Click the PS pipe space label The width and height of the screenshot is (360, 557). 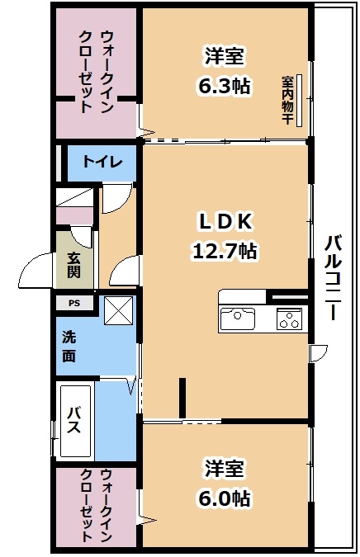74,304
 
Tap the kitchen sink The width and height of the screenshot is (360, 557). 238,319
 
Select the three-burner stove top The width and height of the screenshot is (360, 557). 289,319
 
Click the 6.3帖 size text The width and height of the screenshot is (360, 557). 225,86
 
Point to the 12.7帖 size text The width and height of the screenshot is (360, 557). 225,252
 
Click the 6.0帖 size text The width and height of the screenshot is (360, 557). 225,498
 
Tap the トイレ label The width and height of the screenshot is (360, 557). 102,162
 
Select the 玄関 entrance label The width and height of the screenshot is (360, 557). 74,265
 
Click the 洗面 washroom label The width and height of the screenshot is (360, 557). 69,347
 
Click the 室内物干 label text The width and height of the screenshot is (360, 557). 287,100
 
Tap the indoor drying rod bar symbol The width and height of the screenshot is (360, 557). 299,101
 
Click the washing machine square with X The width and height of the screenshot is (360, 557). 118,310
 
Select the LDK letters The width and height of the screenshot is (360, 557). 225,221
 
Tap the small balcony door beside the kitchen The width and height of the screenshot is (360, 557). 318,352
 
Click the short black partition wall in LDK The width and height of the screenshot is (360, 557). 182,398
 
